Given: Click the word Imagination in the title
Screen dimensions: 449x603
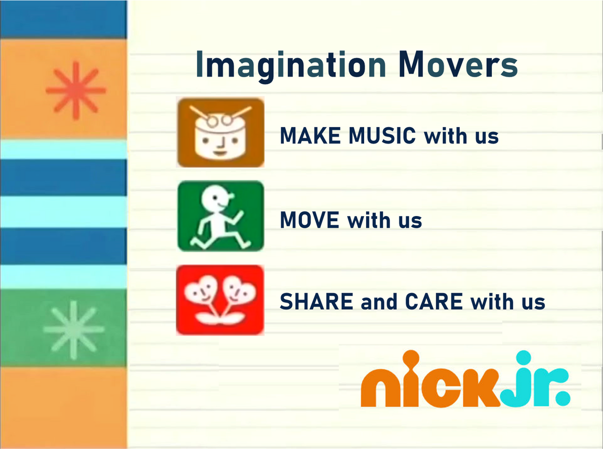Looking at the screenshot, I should (x=291, y=65).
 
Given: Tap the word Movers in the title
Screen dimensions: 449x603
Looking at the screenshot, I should (x=458, y=64).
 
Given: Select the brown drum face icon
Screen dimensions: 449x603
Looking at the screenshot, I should (x=220, y=132).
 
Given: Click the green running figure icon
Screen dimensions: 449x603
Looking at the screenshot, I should (x=220, y=216).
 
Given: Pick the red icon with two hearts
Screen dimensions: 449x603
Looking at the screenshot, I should (x=220, y=300).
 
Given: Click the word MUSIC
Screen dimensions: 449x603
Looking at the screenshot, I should (x=382, y=136).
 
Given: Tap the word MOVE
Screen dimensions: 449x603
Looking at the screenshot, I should (x=310, y=220).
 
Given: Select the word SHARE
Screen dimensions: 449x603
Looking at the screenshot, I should (x=316, y=302).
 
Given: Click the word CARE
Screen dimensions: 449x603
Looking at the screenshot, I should (x=434, y=302).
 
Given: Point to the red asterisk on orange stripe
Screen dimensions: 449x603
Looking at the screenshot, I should (x=75, y=90).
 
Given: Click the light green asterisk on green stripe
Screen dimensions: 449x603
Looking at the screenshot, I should (x=73, y=330).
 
